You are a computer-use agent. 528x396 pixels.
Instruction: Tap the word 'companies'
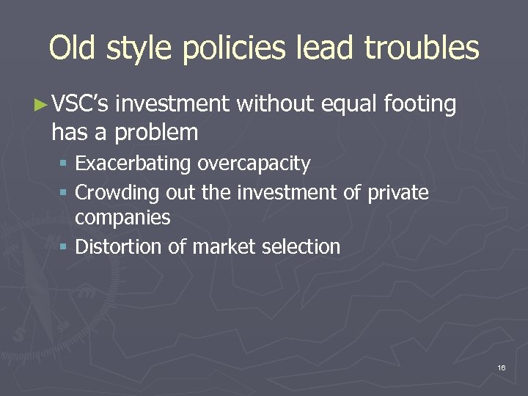point(122,218)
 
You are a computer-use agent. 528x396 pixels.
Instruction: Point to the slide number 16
point(501,367)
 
